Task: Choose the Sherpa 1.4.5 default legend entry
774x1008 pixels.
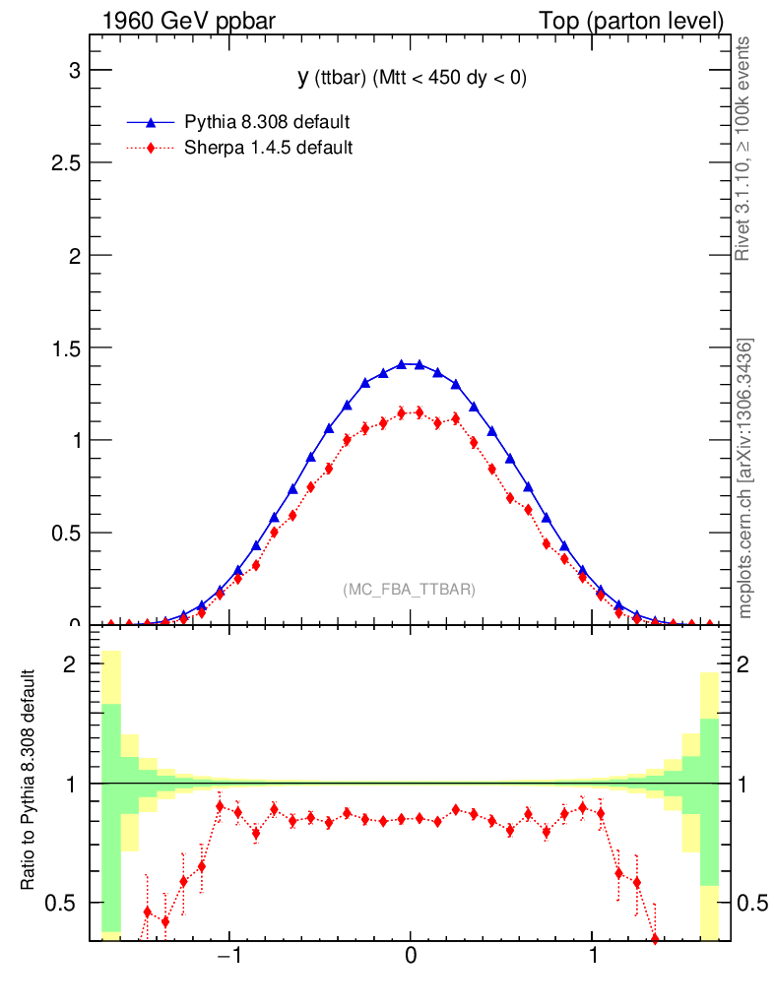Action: click(269, 149)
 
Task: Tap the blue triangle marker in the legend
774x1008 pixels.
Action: click(151, 123)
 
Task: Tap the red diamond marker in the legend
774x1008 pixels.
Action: click(151, 149)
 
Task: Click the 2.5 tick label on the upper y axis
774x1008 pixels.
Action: click(65, 162)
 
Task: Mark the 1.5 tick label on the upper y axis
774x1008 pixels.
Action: click(65, 347)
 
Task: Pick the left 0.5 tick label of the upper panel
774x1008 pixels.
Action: click(65, 533)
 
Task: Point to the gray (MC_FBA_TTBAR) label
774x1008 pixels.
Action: click(410, 590)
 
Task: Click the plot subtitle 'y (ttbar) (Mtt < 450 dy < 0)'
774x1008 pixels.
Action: click(413, 79)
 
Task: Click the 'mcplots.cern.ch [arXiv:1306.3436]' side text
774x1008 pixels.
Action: click(745, 478)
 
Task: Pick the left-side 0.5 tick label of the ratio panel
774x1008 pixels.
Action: click(66, 903)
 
